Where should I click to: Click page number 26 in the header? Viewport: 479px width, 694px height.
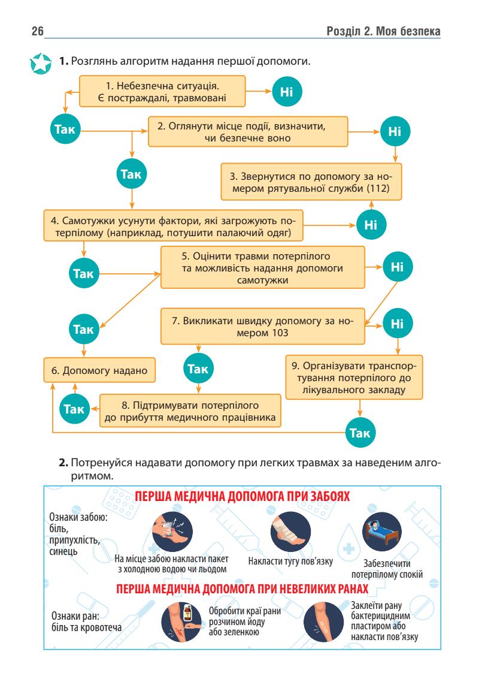28,31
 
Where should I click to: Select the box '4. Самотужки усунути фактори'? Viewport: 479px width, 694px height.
173,224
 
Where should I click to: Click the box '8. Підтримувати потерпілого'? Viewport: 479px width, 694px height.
190,409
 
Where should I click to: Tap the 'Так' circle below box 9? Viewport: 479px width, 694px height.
360,433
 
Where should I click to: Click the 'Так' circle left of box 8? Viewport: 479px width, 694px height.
74,409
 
